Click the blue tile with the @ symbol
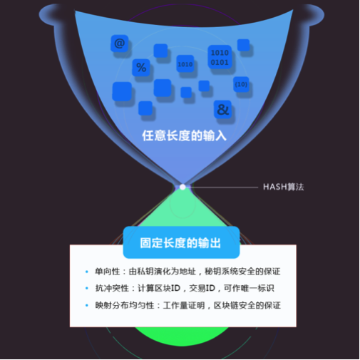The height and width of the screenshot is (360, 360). click(x=120, y=43)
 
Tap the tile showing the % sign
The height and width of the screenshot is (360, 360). click(x=141, y=68)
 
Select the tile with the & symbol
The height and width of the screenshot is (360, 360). click(x=222, y=109)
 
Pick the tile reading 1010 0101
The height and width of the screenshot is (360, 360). click(x=220, y=57)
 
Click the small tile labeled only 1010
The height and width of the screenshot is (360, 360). click(x=185, y=64)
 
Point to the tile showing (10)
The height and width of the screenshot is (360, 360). click(x=241, y=84)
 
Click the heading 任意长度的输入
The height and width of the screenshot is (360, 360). click(x=184, y=135)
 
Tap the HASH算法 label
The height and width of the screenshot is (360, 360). click(x=284, y=187)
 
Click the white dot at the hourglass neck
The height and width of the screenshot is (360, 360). click(x=182, y=187)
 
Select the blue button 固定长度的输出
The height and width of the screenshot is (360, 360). click(x=181, y=242)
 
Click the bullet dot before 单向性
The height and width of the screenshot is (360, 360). click(x=87, y=272)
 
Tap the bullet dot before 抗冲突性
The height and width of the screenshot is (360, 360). click(x=87, y=288)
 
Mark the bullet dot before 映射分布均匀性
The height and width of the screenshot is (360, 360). click(x=87, y=305)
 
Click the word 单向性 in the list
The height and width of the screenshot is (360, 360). click(x=107, y=272)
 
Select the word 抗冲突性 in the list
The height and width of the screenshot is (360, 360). click(x=112, y=288)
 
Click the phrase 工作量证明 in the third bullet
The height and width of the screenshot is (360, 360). click(x=184, y=305)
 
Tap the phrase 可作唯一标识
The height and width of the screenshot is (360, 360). click(x=249, y=288)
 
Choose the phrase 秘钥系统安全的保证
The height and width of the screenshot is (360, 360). click(x=242, y=272)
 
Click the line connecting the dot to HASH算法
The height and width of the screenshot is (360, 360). click(x=223, y=187)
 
